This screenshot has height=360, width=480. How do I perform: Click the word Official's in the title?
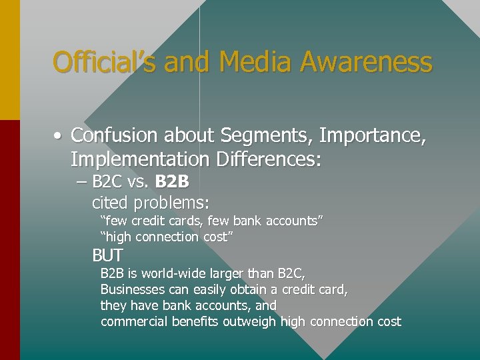(x=105, y=63)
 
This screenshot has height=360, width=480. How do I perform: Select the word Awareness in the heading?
(x=365, y=63)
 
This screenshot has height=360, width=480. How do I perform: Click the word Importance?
(x=373, y=136)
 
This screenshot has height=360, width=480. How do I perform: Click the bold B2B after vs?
(x=172, y=181)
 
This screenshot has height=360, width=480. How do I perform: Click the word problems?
(x=170, y=203)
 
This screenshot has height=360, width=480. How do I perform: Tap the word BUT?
(x=107, y=255)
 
